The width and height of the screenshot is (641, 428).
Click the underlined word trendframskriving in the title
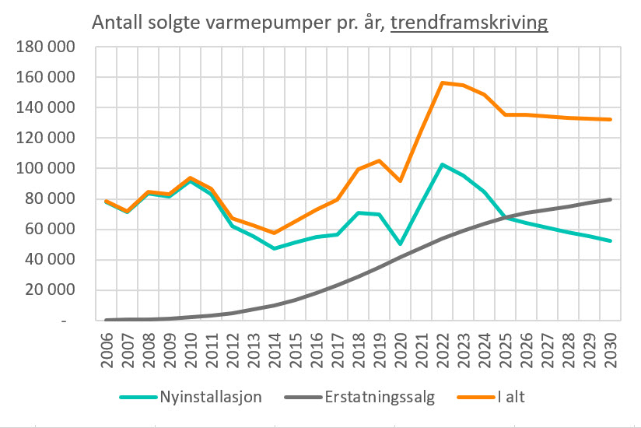tap(469, 23)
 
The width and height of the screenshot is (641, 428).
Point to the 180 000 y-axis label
tap(45, 47)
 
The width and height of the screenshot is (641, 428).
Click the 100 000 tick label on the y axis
tap(45, 169)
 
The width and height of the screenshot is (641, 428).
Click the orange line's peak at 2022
tap(442, 82)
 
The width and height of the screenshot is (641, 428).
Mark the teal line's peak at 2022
tap(442, 164)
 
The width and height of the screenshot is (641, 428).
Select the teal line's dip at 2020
tap(400, 244)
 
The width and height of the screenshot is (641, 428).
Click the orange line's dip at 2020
tap(400, 181)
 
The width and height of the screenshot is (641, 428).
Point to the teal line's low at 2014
tap(274, 248)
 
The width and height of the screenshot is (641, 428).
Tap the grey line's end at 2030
tap(610, 199)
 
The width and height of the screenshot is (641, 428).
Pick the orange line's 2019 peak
tap(379, 160)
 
